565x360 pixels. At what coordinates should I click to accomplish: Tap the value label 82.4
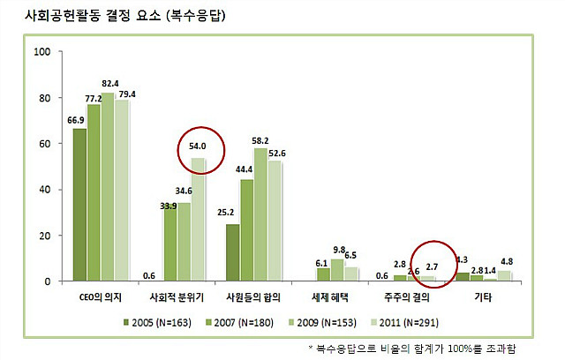109,83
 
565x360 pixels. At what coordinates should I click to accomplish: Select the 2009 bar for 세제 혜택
337,270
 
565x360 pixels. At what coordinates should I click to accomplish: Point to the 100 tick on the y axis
41,51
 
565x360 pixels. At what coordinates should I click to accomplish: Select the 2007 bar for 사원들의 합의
246,230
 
